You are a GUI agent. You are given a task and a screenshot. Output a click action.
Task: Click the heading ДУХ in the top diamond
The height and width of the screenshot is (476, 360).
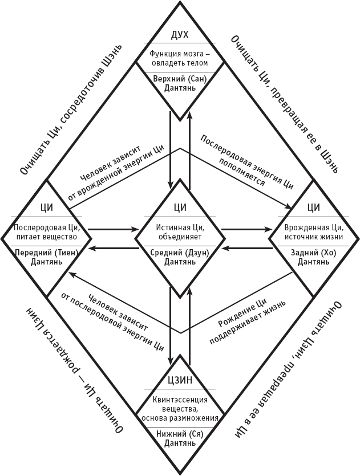pyautogui.click(x=180, y=36)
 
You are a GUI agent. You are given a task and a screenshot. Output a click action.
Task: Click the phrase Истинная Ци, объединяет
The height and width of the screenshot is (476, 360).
pyautogui.click(x=180, y=230)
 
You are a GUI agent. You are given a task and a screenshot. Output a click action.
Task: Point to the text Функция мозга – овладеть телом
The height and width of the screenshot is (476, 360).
pyautogui.click(x=180, y=59)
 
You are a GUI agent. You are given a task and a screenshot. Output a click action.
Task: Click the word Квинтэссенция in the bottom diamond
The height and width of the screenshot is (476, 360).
pyautogui.click(x=180, y=400)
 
